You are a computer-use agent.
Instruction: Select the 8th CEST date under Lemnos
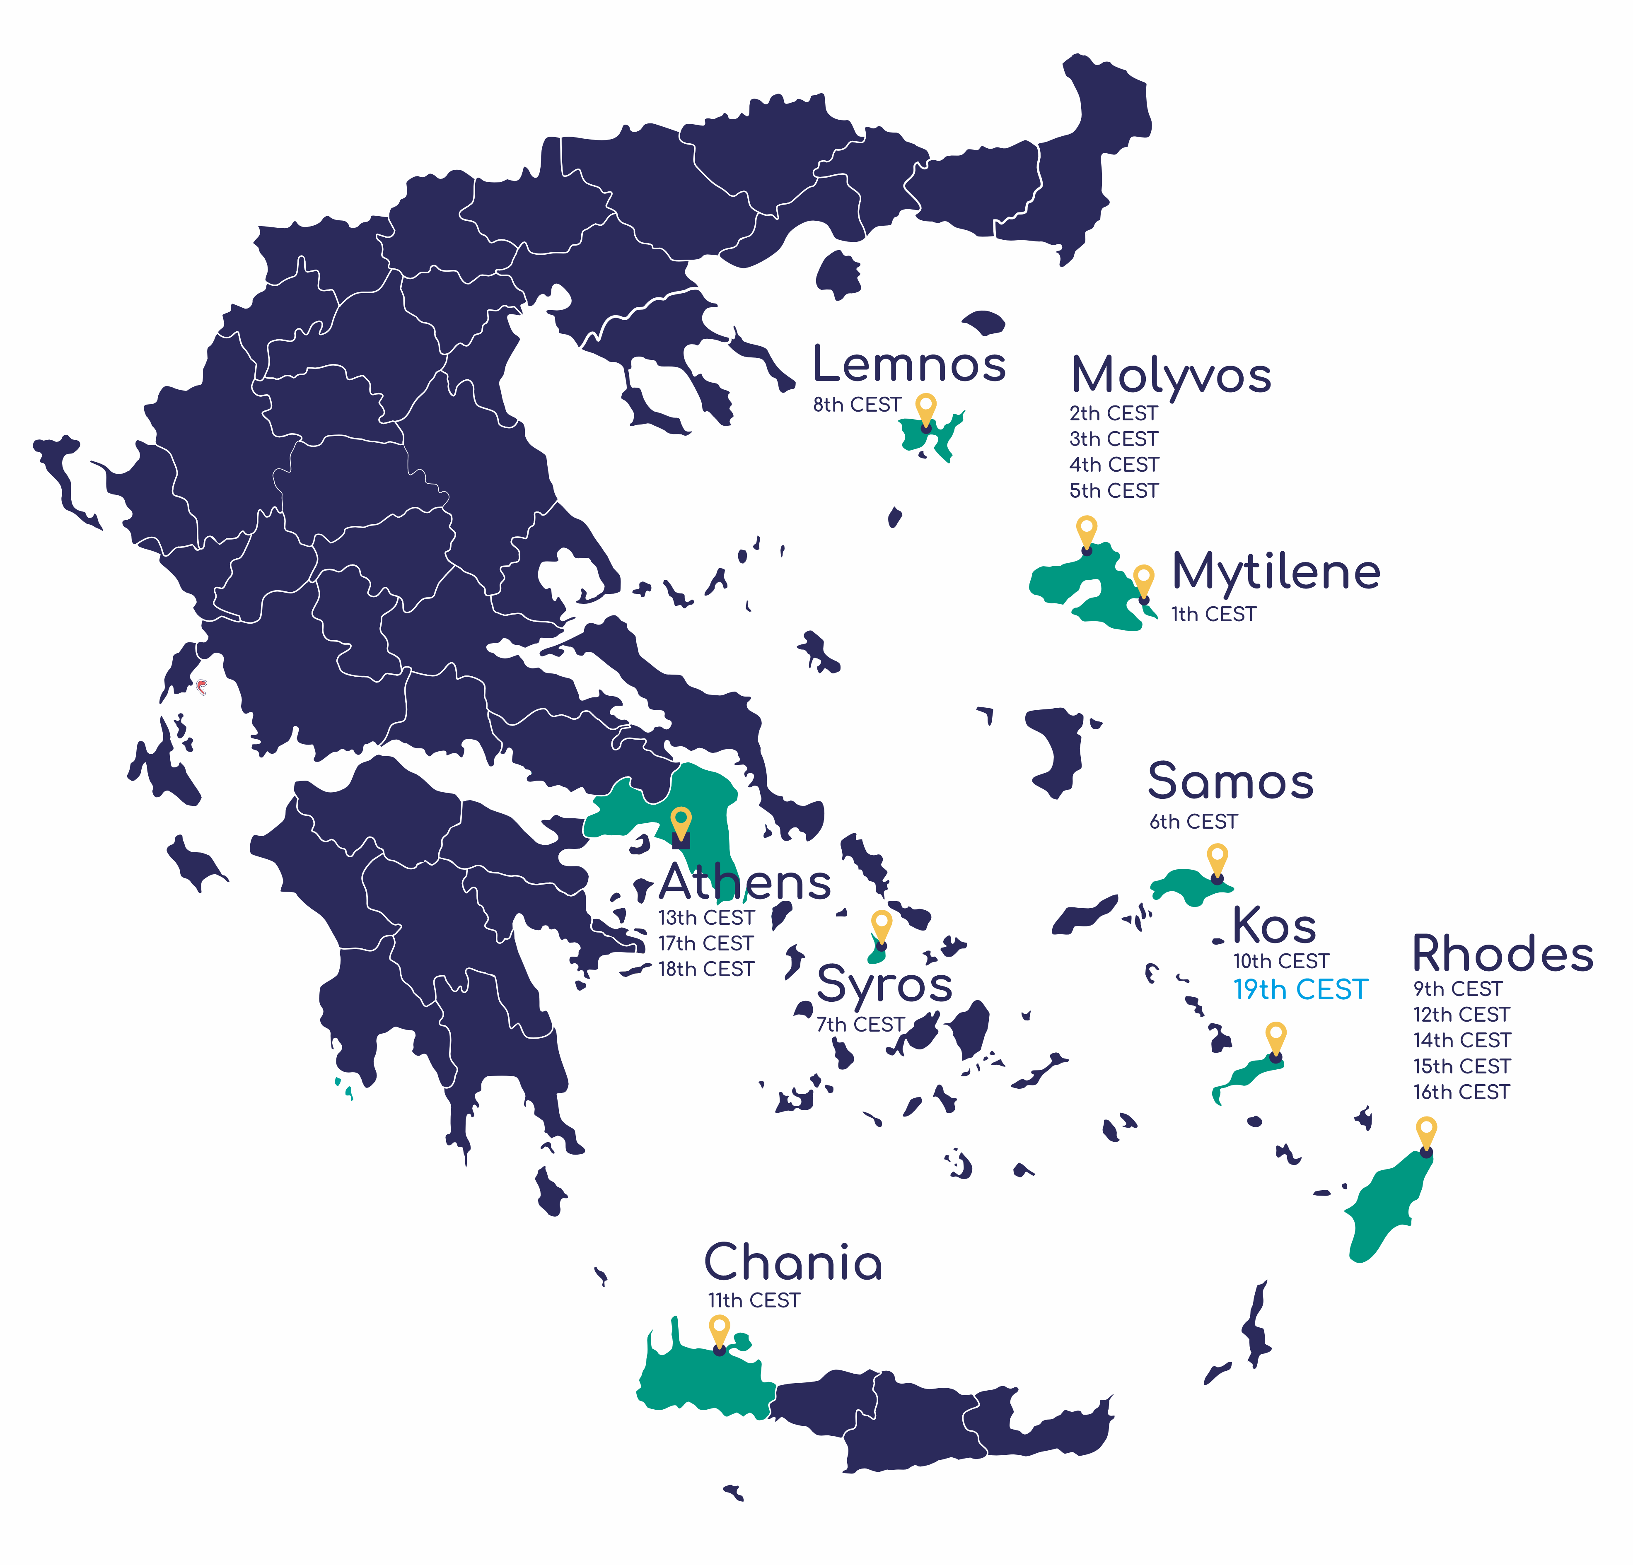[857, 405]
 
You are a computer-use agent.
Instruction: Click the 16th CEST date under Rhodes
[1461, 1092]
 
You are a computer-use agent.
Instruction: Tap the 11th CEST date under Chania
[754, 1300]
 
